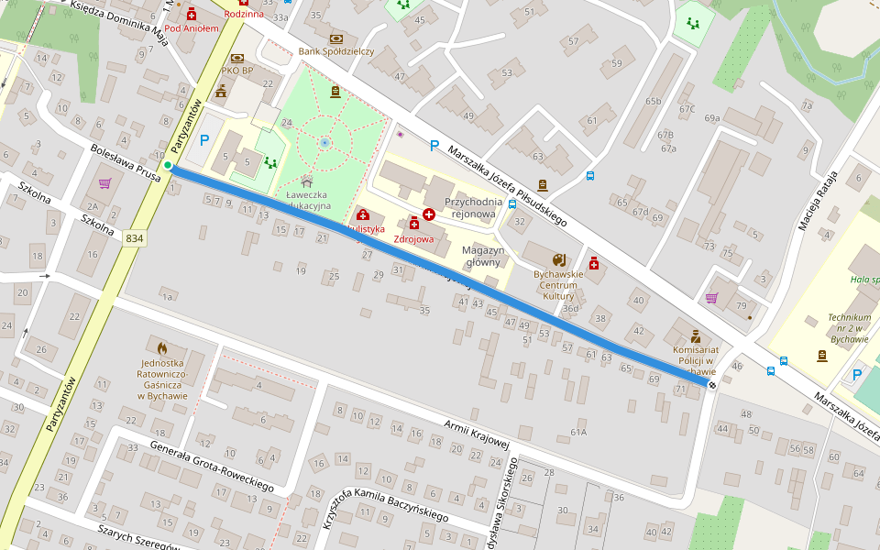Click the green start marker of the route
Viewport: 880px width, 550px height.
click(168, 165)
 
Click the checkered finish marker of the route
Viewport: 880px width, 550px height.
click(712, 385)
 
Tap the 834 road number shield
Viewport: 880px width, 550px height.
click(135, 238)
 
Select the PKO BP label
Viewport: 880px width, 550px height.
click(236, 71)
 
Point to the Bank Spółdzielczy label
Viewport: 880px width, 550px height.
click(335, 51)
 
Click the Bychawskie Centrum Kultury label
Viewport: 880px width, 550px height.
click(557, 284)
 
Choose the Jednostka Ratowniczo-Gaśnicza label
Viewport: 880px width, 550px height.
click(162, 379)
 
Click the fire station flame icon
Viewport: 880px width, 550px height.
click(162, 348)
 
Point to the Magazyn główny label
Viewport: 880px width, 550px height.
click(483, 256)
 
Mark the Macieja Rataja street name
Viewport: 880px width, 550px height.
click(819, 200)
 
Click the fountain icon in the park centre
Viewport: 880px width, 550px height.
click(324, 143)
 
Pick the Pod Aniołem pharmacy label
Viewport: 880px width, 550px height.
click(192, 28)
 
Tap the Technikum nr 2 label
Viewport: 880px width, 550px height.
click(849, 326)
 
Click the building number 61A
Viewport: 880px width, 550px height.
click(577, 431)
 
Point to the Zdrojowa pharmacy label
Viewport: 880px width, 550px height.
click(412, 238)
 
